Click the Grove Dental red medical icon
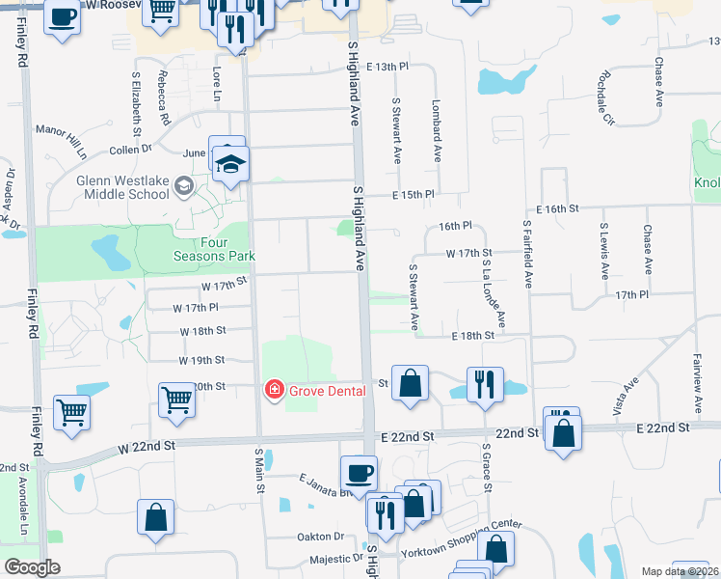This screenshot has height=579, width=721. pos(274,390)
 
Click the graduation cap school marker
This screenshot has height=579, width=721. pos(231,165)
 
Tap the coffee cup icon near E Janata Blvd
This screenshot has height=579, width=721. pos(359,474)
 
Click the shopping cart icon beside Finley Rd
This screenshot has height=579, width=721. pos(72,412)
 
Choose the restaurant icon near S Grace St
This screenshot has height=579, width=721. pos(484,383)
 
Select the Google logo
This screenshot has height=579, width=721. pos(33,567)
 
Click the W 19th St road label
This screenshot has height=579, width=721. pos(201,360)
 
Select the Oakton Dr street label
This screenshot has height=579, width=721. pos(325,537)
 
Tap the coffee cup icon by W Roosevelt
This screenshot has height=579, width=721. pos(62,18)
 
